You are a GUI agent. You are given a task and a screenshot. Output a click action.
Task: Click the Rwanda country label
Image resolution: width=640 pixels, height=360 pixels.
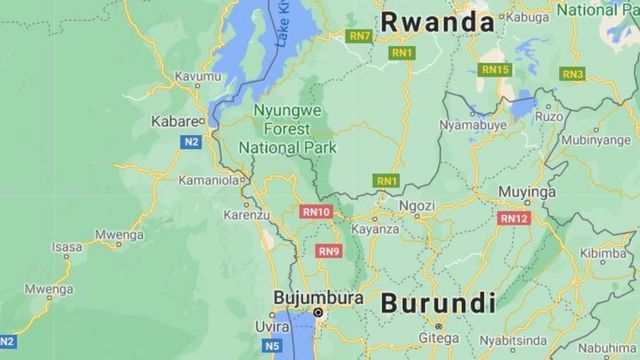(x=437, y=22)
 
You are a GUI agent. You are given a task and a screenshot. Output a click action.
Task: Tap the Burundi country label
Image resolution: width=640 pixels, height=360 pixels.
(x=437, y=302)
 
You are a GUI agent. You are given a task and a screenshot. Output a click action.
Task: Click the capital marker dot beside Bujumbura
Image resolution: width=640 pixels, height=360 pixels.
(x=318, y=313)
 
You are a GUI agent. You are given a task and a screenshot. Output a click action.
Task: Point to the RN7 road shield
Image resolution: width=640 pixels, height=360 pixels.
(x=358, y=36)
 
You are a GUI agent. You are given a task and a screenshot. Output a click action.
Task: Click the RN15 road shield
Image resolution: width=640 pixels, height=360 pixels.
(x=494, y=69)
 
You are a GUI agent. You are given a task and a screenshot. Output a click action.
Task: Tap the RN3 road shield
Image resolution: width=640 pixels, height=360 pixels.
(x=572, y=74)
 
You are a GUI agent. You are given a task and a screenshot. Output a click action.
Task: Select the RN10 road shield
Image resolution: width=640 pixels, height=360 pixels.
(x=316, y=211)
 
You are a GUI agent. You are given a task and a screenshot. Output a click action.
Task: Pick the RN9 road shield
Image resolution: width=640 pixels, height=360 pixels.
(x=329, y=251)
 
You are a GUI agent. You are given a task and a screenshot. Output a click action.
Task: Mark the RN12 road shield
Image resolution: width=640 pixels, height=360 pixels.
(x=513, y=217)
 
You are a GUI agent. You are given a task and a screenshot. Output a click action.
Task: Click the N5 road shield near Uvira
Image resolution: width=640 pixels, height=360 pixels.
(x=273, y=346)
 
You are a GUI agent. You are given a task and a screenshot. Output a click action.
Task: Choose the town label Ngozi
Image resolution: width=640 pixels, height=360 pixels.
(x=416, y=206)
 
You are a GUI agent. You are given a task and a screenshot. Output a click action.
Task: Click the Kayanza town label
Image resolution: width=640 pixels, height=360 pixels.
(x=375, y=229)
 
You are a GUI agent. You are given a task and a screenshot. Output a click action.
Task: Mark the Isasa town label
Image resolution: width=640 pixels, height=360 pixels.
(x=67, y=246)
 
